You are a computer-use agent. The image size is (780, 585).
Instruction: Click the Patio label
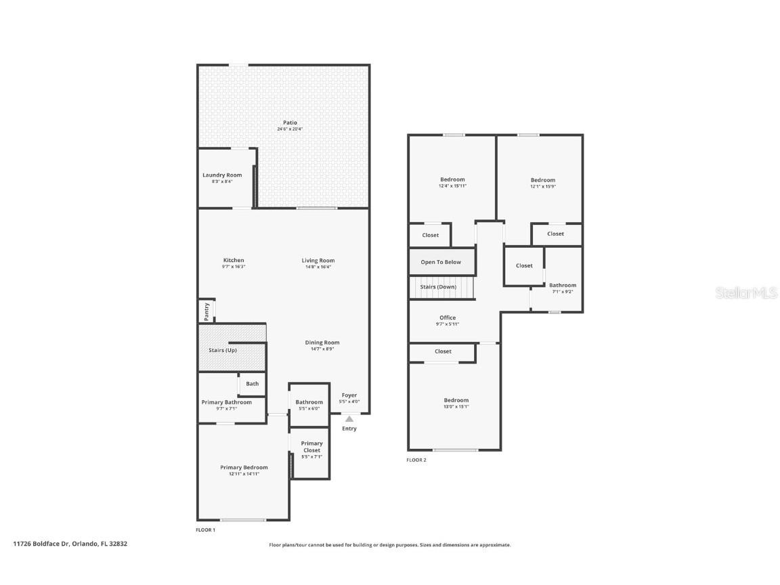click(290, 123)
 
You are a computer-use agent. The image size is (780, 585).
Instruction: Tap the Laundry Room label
click(222, 175)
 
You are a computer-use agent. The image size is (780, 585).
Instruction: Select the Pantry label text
click(206, 312)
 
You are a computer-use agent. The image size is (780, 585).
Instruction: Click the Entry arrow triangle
click(349, 419)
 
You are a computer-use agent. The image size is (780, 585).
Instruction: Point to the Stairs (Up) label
click(222, 350)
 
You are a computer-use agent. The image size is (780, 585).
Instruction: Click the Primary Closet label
click(311, 447)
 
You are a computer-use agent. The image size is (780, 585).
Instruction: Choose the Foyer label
click(349, 395)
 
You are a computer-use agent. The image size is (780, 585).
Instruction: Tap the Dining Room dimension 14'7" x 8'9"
click(322, 349)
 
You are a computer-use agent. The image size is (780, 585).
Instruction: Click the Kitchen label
click(234, 261)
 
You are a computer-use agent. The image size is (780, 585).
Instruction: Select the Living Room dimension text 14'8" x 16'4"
click(318, 267)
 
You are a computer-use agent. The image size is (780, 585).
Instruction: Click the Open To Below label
click(441, 262)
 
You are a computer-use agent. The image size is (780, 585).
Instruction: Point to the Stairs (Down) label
click(438, 287)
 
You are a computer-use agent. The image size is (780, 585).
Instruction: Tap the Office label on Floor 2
click(448, 318)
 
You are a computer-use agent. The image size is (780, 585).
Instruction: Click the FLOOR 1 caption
click(205, 529)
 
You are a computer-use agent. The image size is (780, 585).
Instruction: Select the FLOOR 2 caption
click(416, 460)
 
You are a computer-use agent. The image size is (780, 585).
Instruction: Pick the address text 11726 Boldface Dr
click(41, 543)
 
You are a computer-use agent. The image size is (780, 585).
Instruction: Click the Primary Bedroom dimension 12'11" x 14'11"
click(244, 474)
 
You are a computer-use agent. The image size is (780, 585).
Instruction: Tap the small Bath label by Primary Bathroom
click(252, 384)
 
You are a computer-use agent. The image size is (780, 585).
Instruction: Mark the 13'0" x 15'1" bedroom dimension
click(456, 406)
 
